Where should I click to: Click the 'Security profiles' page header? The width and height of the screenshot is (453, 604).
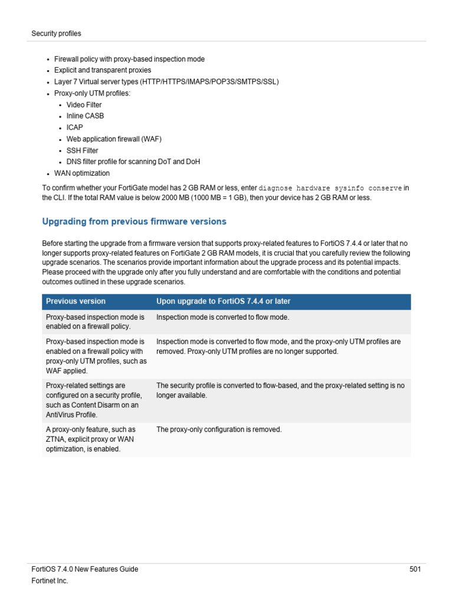pos(56,34)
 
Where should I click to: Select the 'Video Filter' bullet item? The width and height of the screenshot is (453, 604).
pos(84,104)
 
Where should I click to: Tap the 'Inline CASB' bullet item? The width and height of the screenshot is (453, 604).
pos(85,116)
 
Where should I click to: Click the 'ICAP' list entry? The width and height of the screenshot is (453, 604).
pos(74,127)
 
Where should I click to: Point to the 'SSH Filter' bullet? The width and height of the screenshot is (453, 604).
pos(82,150)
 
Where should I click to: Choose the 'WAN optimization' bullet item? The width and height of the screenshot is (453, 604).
pos(81,173)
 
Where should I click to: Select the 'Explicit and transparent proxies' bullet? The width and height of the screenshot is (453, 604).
pos(102,70)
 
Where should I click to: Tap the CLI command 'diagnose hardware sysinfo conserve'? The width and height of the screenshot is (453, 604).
pos(330,188)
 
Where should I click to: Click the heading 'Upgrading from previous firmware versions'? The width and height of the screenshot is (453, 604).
pos(134,222)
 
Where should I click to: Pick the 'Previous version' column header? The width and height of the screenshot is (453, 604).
pos(75,301)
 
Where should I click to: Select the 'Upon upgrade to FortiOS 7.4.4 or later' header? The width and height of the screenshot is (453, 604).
pos(223,301)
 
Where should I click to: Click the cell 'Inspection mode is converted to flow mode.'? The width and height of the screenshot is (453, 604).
pos(222,317)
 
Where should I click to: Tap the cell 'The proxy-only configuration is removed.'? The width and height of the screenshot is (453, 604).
pos(219,429)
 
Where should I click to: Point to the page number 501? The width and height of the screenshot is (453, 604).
pos(415,569)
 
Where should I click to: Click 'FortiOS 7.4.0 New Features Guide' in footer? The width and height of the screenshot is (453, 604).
pos(84,569)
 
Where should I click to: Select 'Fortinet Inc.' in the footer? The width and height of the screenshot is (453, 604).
pos(50,581)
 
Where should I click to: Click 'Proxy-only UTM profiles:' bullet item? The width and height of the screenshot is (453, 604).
pos(92,93)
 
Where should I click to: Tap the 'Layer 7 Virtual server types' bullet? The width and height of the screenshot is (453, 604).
pos(166,81)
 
